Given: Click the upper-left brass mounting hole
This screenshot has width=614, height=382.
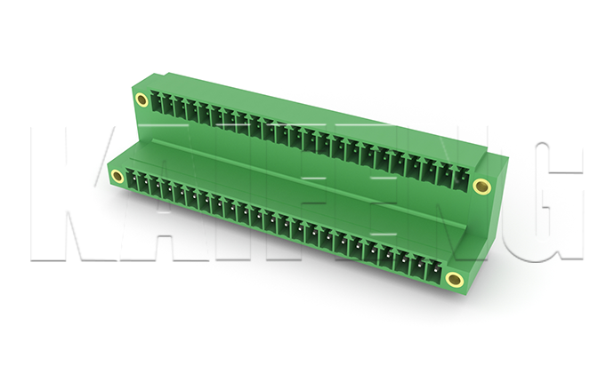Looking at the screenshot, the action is click(x=141, y=99).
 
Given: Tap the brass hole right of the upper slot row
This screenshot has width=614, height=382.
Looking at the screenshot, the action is click(x=481, y=186).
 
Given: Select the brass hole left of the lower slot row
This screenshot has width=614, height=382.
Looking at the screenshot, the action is click(x=117, y=176).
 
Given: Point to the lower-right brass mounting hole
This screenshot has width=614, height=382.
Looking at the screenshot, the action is click(x=454, y=279).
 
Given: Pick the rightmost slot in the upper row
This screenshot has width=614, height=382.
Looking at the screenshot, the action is click(x=463, y=179).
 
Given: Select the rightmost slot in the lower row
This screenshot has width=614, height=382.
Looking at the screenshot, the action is click(x=434, y=272).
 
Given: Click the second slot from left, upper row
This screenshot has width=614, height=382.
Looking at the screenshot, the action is click(x=167, y=105).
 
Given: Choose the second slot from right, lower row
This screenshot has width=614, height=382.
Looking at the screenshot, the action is click(x=418, y=267).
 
